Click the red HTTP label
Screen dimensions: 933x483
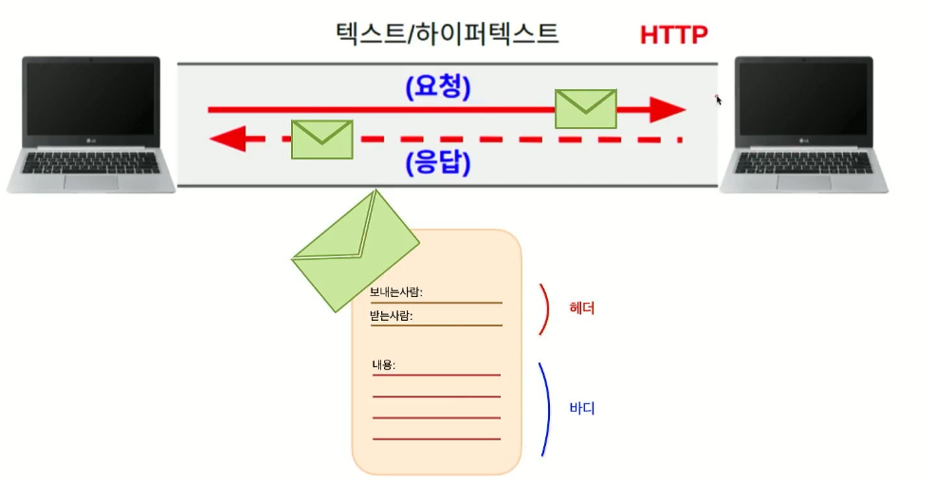point(673,35)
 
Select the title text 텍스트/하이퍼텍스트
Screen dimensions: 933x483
point(447,35)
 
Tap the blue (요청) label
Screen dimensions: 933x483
point(437,87)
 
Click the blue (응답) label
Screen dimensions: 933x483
point(437,163)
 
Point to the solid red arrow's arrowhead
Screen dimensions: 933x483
point(667,110)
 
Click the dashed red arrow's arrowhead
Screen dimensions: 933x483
point(226,140)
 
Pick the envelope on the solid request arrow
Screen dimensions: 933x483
point(585,108)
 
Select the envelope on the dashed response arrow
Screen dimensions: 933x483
point(321,139)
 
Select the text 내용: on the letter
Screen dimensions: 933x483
point(384,364)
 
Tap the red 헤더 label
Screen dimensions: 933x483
point(581,308)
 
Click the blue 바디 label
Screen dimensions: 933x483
point(581,409)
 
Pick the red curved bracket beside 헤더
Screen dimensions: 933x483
point(544,309)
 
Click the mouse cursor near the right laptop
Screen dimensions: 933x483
point(719,100)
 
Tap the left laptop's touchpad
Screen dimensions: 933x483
point(91,180)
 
